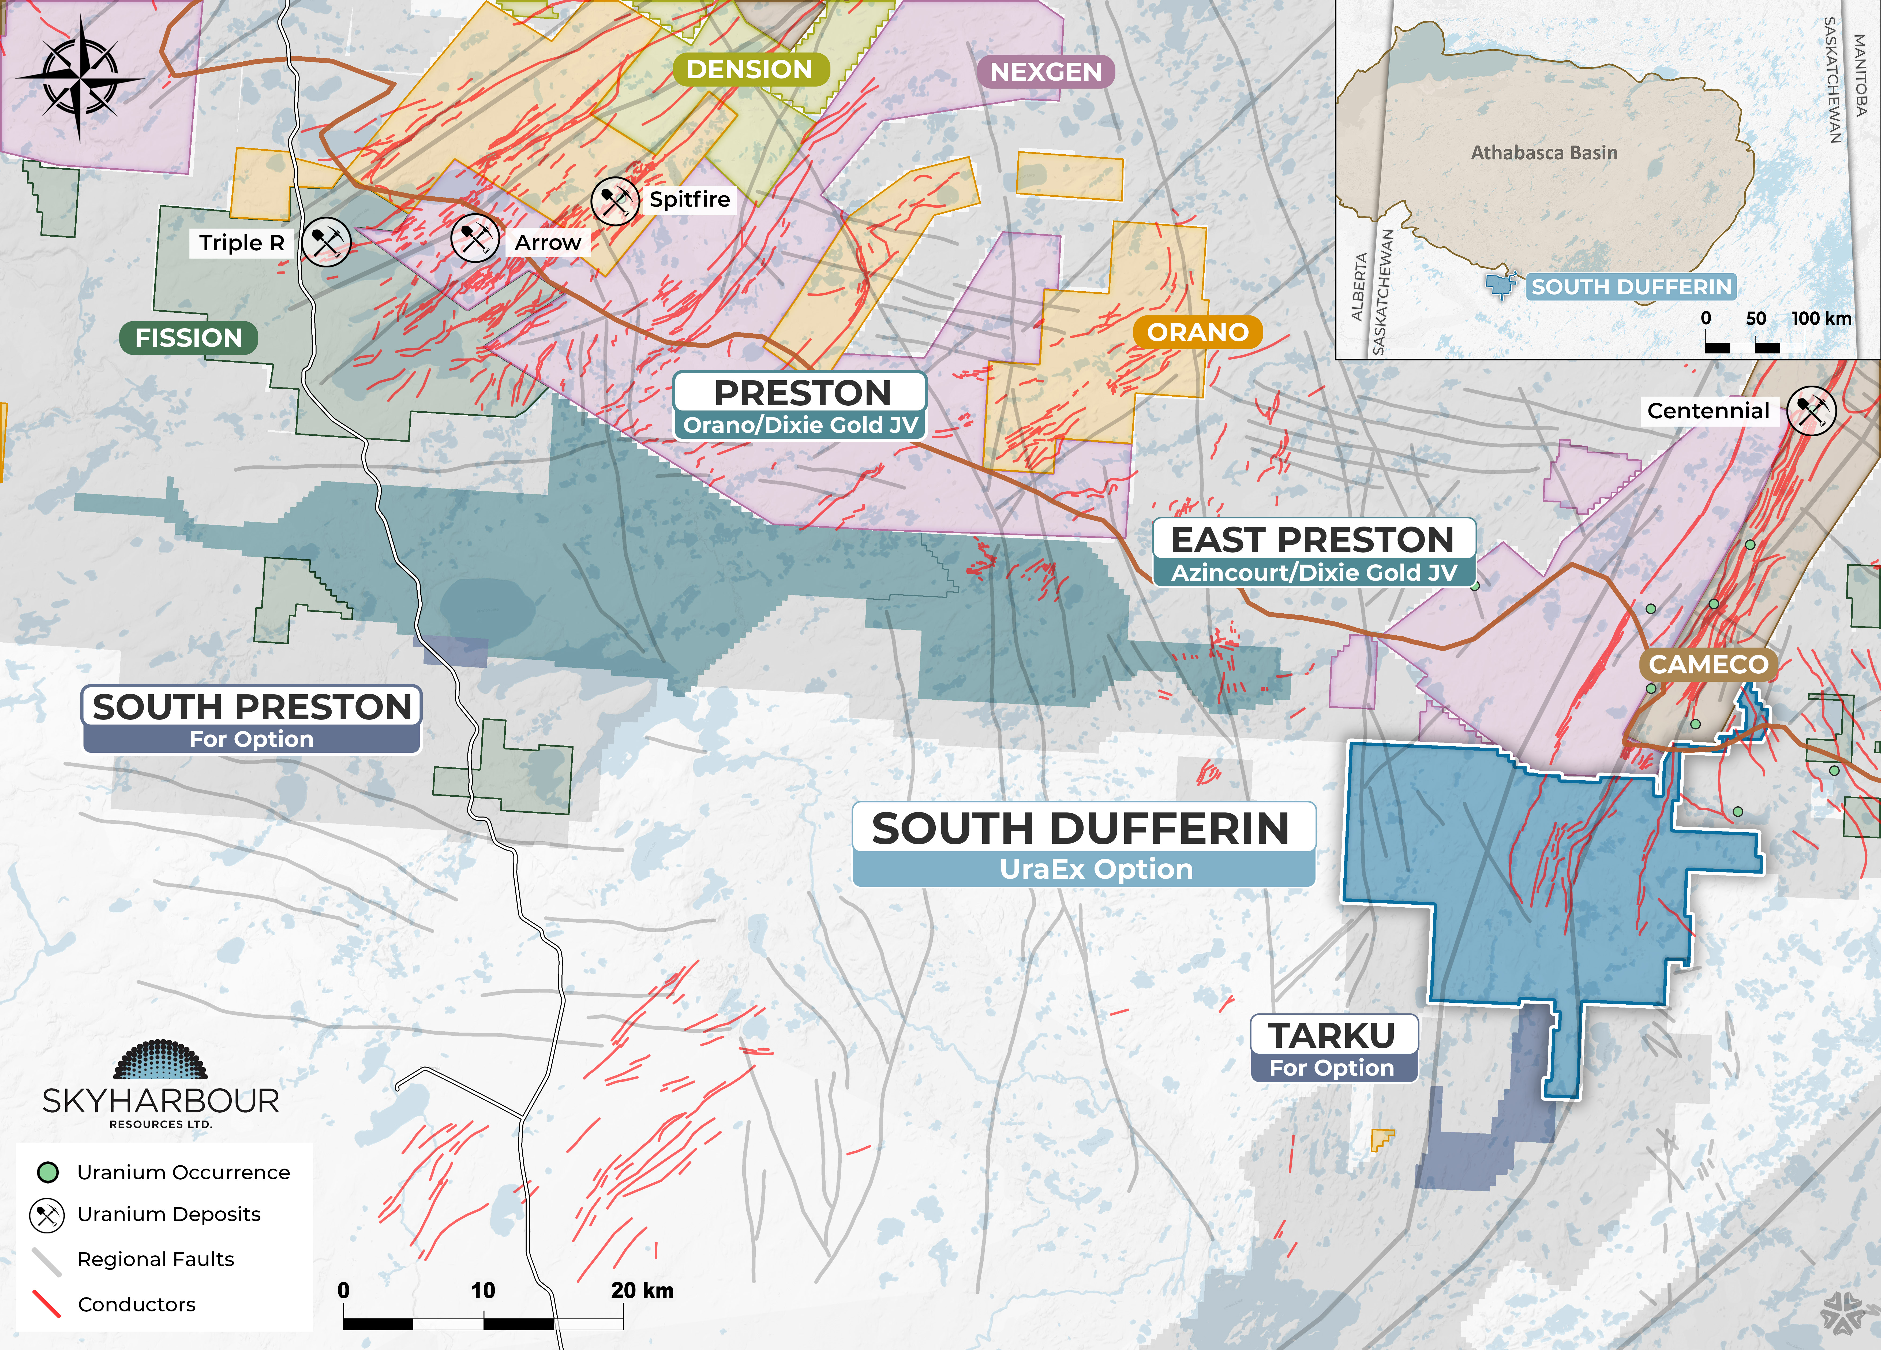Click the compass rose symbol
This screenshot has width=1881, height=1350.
[80, 79]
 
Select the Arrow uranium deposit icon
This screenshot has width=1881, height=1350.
[475, 239]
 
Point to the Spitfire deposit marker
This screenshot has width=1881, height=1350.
[614, 200]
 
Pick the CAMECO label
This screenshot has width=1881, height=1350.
[1708, 664]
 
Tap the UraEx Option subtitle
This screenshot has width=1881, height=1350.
[1096, 869]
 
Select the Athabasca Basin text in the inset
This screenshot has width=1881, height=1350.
[1543, 153]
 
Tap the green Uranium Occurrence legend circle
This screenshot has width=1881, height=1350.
[47, 1172]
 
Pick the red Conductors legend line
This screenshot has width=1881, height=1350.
[46, 1304]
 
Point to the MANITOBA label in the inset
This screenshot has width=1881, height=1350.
[1860, 75]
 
